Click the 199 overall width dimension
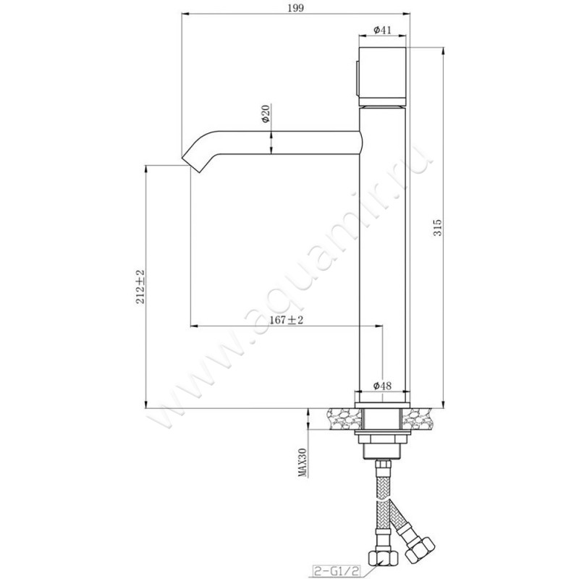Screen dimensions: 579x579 (x=296, y=8)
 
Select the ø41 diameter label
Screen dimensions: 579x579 (x=382, y=30)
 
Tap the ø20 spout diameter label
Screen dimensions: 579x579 (x=266, y=114)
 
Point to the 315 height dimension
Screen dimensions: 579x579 (x=438, y=228)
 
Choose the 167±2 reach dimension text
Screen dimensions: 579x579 (x=286, y=320)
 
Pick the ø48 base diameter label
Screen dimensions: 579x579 (x=382, y=386)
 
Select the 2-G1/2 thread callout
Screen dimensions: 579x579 (x=336, y=571)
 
